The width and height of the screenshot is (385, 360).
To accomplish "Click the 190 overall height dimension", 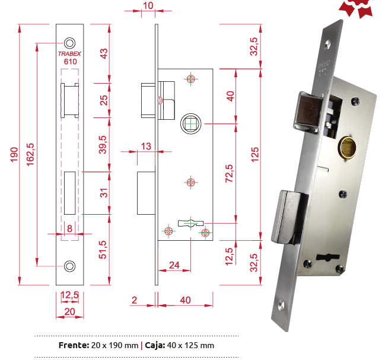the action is (x=14, y=154).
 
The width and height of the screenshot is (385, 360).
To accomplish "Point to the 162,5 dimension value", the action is (x=30, y=155).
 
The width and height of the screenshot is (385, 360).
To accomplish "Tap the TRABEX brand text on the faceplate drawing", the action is (x=69, y=53).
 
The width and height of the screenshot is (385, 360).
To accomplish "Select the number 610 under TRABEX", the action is (x=70, y=61).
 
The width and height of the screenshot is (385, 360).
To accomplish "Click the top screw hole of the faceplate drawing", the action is (x=70, y=43).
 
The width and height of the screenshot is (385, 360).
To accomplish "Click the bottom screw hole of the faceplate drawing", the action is (x=70, y=266).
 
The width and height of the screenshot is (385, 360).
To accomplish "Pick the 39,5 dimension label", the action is (x=103, y=145).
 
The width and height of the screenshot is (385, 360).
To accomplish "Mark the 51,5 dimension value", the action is (x=103, y=250).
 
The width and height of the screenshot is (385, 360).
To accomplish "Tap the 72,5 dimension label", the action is (x=230, y=174).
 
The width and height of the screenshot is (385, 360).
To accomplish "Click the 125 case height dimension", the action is (x=255, y=154).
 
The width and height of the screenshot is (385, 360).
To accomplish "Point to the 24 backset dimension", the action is (x=174, y=265).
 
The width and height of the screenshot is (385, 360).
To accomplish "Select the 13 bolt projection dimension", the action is (x=146, y=146).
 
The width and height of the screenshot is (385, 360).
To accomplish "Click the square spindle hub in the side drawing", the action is (x=191, y=124).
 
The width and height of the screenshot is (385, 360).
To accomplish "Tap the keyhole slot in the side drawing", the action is (x=191, y=224).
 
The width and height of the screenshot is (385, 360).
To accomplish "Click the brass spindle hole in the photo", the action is (x=348, y=148).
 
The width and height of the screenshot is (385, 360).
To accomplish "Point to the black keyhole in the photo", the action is (x=328, y=257).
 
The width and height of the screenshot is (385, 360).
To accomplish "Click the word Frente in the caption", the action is (x=74, y=345).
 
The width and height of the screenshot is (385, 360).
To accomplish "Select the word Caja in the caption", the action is (x=155, y=345).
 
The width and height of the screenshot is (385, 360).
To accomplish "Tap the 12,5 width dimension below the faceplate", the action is (x=70, y=295).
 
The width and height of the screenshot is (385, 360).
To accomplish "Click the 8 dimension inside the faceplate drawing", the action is (x=70, y=229).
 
